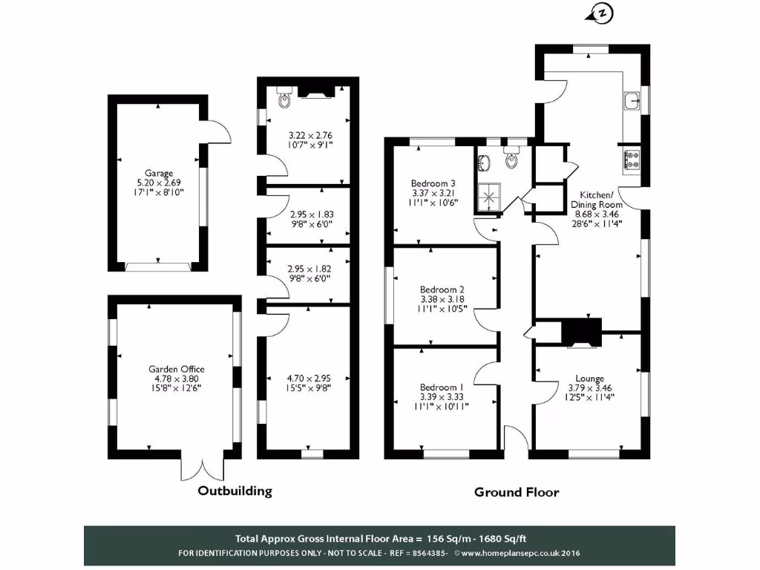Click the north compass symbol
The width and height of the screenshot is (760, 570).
[600, 13]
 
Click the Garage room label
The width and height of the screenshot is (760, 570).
[159, 173]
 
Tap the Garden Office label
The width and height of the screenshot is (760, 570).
[176, 369]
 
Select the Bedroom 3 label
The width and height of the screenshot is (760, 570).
[433, 183]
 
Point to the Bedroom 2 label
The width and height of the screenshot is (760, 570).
[442, 289]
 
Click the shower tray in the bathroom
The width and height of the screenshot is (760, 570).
[489, 197]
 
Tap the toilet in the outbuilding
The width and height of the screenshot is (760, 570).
[282, 99]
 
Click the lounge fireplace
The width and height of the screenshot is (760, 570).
[581, 333]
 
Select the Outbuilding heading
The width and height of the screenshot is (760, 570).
[235, 491]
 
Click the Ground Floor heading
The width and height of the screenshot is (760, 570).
[517, 492]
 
